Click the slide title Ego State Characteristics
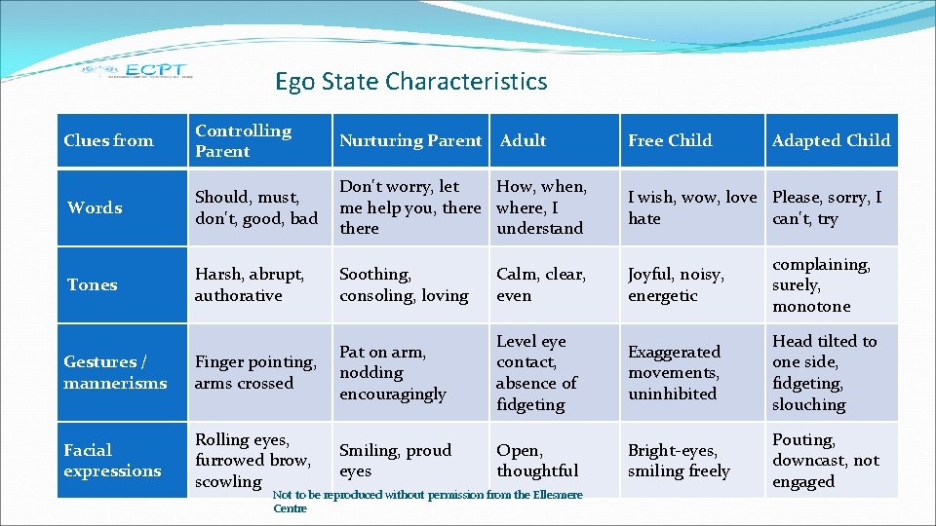click(410, 81)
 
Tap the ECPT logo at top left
click(136, 70)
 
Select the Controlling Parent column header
click(243, 140)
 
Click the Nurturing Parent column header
click(409, 140)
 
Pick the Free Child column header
click(670, 140)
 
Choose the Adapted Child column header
click(831, 140)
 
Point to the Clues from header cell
click(108, 140)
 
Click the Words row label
click(95, 207)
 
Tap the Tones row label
click(92, 284)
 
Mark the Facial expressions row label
click(112, 460)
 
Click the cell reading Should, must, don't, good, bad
click(255, 207)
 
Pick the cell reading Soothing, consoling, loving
click(404, 284)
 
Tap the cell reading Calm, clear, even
click(541, 284)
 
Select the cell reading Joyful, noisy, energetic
click(677, 284)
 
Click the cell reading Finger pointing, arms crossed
click(255, 372)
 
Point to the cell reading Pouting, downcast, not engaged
click(825, 460)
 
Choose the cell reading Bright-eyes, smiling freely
click(679, 460)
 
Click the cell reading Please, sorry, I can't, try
click(827, 207)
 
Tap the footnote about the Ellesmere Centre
click(427, 501)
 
